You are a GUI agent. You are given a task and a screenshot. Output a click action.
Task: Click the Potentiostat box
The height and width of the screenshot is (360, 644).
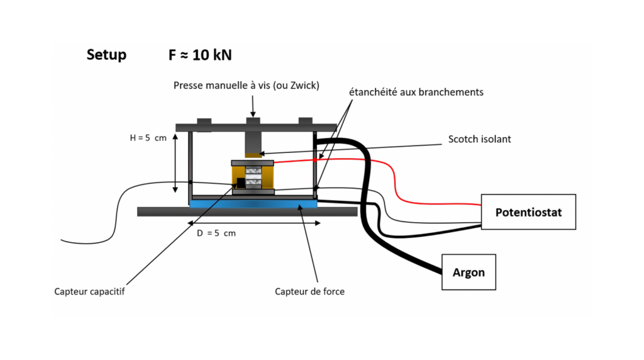pos(528,212)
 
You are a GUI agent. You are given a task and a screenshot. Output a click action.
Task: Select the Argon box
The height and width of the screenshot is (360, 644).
pos(469,272)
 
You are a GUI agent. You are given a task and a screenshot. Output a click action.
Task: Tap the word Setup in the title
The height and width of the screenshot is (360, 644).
pos(106,55)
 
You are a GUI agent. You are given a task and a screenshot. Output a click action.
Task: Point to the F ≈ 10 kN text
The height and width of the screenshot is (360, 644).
pos(200,55)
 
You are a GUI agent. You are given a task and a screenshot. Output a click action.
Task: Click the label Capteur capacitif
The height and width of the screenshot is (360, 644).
pos(89,291)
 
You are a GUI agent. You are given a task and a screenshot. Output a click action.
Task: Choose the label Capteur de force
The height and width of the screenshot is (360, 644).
pos(309,291)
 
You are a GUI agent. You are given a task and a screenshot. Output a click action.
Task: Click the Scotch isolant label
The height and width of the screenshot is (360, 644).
pos(479,139)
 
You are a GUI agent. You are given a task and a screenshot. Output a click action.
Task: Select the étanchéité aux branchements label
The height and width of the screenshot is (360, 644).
pos(416,92)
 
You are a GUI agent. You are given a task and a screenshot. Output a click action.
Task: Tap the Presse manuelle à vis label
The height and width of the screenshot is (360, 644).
pos(247,86)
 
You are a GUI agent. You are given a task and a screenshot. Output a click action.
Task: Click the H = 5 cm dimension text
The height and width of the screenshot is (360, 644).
pos(148,138)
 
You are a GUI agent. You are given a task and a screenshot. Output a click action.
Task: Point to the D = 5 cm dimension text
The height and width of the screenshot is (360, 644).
pos(216,233)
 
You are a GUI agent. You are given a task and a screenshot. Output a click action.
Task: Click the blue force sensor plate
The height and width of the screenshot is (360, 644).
pos(253,203)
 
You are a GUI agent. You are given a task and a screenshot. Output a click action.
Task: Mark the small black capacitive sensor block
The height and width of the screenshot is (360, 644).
pos(241,183)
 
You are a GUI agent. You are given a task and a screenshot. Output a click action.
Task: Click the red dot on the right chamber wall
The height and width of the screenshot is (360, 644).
pos(315,160)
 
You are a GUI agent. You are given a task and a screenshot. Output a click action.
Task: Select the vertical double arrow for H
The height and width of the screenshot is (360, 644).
pos(175,163)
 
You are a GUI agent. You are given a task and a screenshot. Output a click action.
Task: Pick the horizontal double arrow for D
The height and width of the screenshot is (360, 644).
pos(254,223)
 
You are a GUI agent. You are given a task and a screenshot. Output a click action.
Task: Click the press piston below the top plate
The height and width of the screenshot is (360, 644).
pos(253,144)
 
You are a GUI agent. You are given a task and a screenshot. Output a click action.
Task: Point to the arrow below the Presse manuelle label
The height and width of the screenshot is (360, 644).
pos(253,106)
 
